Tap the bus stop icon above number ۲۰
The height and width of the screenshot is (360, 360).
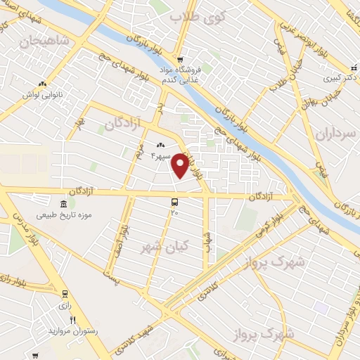pyautogui.click(x=174, y=202)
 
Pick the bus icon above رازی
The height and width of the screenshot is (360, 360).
pyautogui.click(x=65, y=294)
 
